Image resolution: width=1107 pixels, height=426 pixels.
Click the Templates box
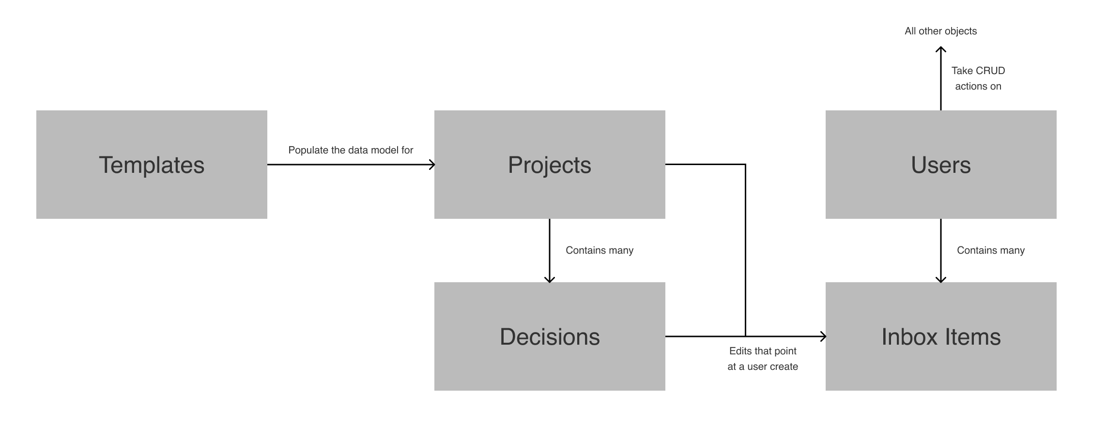tap(152, 165)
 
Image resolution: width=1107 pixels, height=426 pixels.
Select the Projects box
tap(550, 165)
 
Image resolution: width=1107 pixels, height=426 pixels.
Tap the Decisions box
tap(550, 336)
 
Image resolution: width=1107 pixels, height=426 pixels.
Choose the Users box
tap(941, 165)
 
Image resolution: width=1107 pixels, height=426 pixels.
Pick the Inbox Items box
tap(941, 336)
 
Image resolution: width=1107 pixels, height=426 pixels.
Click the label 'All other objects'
tap(940, 31)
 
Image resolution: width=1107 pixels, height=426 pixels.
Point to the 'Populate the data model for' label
tap(351, 150)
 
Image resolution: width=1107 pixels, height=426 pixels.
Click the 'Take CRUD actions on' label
tap(978, 78)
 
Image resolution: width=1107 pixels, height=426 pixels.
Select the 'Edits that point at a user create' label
tap(763, 359)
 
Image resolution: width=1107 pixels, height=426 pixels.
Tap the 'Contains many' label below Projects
tap(600, 250)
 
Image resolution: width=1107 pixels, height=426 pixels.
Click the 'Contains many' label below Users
tap(991, 250)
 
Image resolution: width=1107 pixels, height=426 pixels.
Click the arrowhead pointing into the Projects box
tap(432, 165)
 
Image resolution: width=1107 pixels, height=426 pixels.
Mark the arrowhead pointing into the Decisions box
tap(549, 279)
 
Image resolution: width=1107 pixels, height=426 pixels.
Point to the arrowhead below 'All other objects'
tap(941, 49)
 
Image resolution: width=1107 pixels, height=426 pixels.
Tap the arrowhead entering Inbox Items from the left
tap(823, 336)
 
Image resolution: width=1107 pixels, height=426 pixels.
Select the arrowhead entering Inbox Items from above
tap(941, 279)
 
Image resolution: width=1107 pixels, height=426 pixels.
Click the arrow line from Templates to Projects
tap(349, 165)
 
